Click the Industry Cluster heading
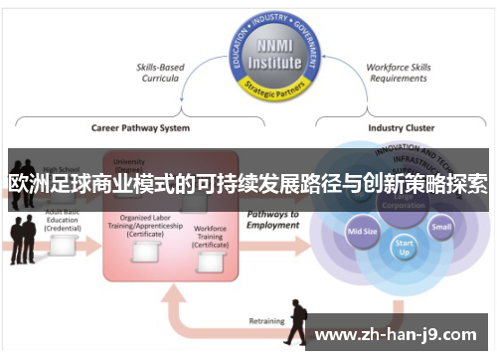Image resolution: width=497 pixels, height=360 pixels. pyautogui.click(x=402, y=128)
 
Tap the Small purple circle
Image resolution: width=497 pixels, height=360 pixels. pyautogui.click(x=440, y=226)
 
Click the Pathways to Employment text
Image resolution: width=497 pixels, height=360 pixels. pyautogui.click(x=272, y=220)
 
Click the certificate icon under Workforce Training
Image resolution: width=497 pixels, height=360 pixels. pyautogui.click(x=210, y=261)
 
